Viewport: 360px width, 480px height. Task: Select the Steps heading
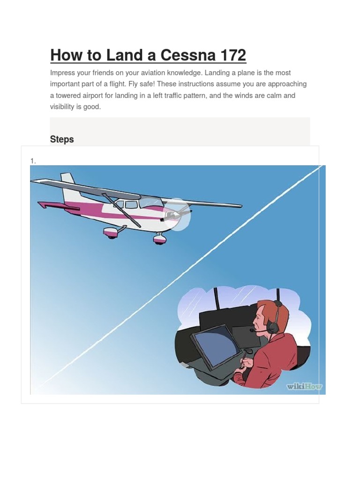pos(62,139)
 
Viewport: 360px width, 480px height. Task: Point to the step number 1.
pos(33,161)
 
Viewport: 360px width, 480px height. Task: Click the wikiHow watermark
pos(304,386)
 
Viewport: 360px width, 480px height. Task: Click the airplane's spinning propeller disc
pos(177,214)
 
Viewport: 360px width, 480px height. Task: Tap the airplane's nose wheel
pos(160,239)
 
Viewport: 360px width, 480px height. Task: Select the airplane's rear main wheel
pos(110,233)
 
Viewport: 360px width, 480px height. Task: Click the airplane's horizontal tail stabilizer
pos(58,206)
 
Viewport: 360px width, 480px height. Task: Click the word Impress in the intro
pos(62,73)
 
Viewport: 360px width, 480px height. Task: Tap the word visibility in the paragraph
pos(62,107)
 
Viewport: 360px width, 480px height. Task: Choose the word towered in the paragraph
pos(68,96)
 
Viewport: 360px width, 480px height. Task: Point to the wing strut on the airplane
pos(121,210)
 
